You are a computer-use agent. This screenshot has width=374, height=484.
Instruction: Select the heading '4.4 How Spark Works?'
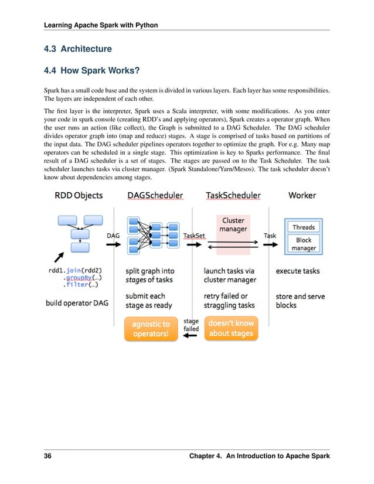coord(93,71)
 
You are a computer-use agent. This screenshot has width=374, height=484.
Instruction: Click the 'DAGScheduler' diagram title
coord(154,196)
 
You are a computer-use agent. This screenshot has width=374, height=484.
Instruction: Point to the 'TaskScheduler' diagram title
coord(233,196)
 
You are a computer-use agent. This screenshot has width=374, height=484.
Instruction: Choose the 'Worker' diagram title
coord(302,196)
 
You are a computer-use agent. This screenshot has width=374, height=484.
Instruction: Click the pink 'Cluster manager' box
coord(233,225)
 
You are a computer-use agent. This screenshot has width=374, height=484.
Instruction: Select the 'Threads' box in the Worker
coord(303,227)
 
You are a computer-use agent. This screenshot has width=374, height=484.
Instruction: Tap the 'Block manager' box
coord(303,244)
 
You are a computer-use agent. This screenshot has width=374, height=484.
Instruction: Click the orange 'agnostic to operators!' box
coord(151,329)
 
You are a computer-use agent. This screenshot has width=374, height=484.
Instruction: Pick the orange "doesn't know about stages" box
coord(231,329)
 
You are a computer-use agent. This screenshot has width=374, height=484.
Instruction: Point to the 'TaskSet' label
coord(194,236)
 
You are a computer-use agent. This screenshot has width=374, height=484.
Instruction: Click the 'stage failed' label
coord(191,325)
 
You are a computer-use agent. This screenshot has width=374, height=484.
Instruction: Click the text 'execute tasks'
coord(298,271)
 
